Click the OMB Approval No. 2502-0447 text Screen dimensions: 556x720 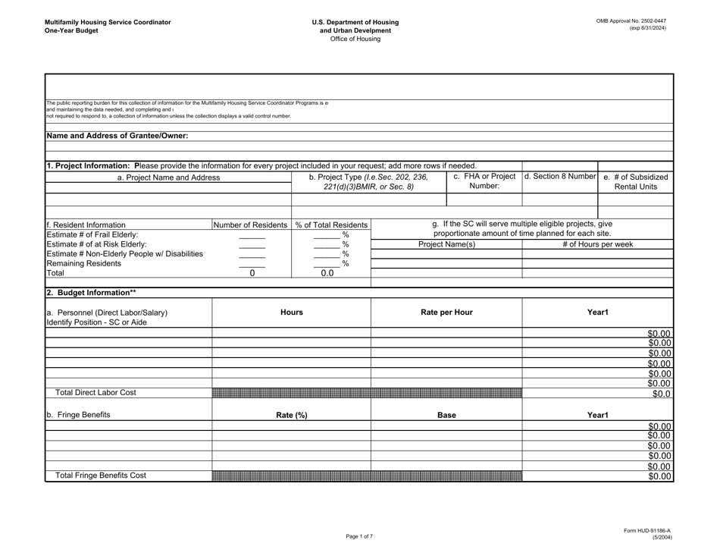[x=631, y=21]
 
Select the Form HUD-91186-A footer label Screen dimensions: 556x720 [x=642, y=531]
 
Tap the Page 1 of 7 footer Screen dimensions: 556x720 [x=359, y=536]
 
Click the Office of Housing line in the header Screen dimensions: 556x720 [x=359, y=39]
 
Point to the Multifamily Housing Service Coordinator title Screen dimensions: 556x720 [x=96, y=22]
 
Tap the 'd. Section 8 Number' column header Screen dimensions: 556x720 [x=560, y=177]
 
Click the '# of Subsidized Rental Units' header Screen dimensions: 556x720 [x=635, y=183]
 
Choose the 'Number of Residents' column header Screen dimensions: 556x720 [x=251, y=225]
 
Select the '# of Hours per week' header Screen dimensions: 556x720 [x=597, y=244]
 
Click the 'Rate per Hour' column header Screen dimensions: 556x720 [x=446, y=312]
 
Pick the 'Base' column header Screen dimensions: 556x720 [x=446, y=415]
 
